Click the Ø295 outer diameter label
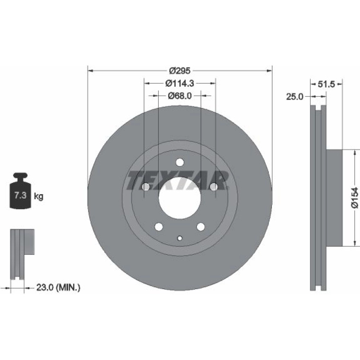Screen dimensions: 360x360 180,71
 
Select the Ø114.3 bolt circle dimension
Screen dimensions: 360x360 180,84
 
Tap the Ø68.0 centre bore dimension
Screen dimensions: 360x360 180,96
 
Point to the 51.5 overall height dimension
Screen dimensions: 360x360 327,84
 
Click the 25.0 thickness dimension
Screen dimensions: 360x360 294,96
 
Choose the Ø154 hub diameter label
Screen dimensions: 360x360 355,198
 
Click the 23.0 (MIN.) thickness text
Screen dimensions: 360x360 58,287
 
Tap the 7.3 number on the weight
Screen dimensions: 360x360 21,195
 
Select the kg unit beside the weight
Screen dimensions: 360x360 39,197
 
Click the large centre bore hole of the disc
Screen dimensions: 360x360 180,198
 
